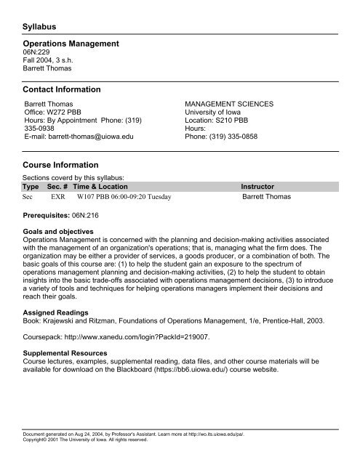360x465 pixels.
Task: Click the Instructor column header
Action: coord(262,187)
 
